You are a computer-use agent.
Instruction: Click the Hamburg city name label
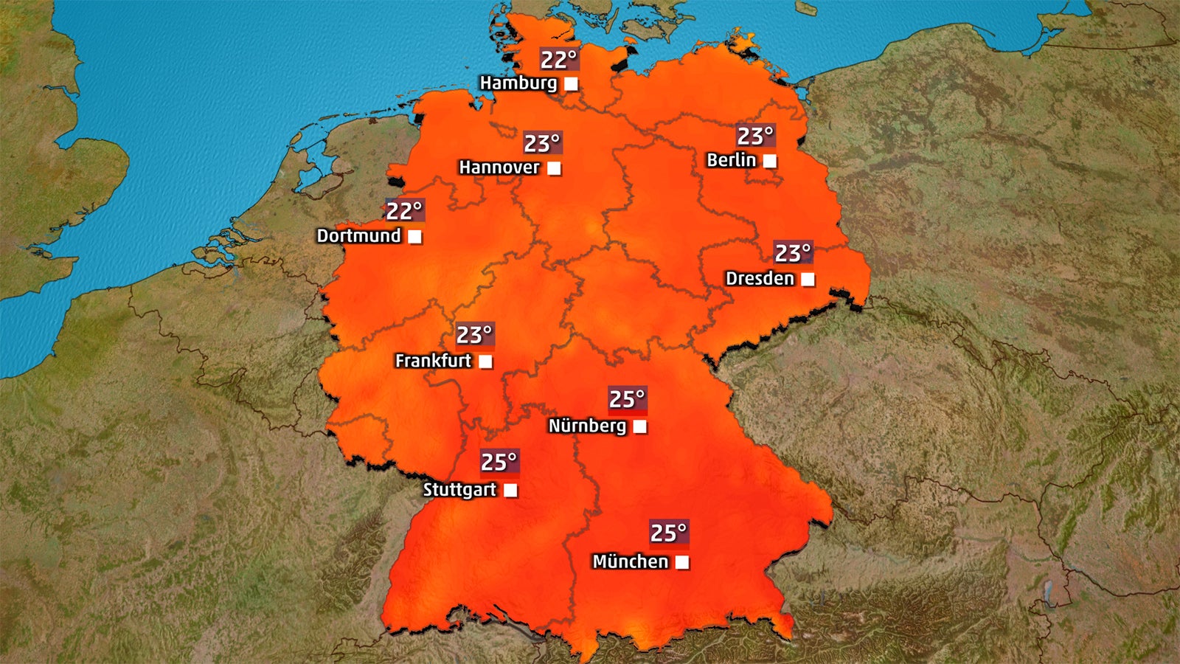click(x=518, y=83)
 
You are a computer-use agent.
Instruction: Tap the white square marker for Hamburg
click(x=571, y=84)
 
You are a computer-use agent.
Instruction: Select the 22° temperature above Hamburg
click(x=558, y=60)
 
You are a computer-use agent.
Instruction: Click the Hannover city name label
click(x=499, y=167)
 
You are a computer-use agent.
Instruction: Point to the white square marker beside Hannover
click(x=554, y=168)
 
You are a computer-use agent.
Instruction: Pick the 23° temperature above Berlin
click(x=755, y=136)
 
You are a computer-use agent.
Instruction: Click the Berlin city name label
click(x=731, y=160)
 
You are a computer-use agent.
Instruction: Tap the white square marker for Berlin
click(x=769, y=161)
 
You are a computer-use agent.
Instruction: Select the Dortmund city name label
click(x=358, y=236)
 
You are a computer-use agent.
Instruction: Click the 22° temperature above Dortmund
click(x=404, y=211)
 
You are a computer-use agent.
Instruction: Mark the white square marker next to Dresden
click(x=808, y=280)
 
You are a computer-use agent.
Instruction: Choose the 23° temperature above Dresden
click(x=793, y=254)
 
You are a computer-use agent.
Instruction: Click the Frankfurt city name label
click(x=433, y=361)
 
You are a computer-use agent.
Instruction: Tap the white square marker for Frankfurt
click(x=485, y=362)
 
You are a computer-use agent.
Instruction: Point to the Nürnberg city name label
click(x=587, y=426)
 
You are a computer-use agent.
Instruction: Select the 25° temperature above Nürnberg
click(x=627, y=399)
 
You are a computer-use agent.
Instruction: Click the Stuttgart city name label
click(x=459, y=490)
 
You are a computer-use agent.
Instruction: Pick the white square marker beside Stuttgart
click(x=510, y=490)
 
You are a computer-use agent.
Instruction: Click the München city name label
click(x=631, y=561)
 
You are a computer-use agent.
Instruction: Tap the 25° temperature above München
click(x=668, y=533)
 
